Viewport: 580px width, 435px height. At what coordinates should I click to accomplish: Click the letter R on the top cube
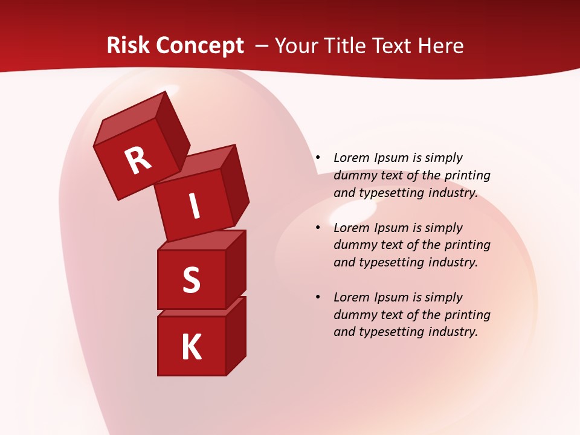tap(138, 161)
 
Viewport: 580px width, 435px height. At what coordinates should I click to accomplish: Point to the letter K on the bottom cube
tap(192, 347)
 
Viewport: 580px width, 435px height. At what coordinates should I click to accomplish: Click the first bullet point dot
tap(318, 158)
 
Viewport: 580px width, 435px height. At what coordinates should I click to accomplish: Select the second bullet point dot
tap(318, 228)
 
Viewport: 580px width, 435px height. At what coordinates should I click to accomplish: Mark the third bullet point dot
tap(318, 297)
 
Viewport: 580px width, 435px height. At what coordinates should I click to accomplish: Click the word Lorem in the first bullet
tap(351, 158)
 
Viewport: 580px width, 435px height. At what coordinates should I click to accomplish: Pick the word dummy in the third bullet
tap(353, 315)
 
